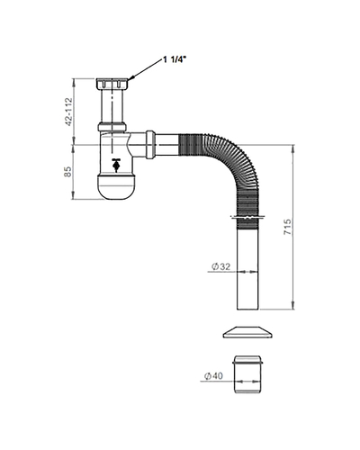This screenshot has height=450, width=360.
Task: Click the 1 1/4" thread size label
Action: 175,59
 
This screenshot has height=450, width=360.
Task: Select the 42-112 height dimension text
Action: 69,112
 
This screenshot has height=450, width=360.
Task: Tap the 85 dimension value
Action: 68,172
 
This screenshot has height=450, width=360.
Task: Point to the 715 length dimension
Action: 287,227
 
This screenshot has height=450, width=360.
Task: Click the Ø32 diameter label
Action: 221,266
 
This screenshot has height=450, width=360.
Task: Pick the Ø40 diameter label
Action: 213,375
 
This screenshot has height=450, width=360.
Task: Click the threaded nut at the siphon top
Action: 112,84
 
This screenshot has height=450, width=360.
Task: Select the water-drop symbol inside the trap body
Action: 116,165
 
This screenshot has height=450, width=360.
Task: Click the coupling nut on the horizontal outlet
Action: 150,145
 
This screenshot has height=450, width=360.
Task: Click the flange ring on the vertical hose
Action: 247,217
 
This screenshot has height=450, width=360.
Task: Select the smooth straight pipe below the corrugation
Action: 247,269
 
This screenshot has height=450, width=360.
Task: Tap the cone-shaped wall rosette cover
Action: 247,332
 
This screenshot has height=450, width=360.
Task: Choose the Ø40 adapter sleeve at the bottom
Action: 247,374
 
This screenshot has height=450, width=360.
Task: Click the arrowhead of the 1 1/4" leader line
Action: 131,78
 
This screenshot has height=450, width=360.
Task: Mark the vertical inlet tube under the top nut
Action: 112,105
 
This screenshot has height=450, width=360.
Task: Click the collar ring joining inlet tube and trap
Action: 112,127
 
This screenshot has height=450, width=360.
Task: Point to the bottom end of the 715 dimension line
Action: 293,309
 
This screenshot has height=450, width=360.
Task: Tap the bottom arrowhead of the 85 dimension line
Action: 74,199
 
